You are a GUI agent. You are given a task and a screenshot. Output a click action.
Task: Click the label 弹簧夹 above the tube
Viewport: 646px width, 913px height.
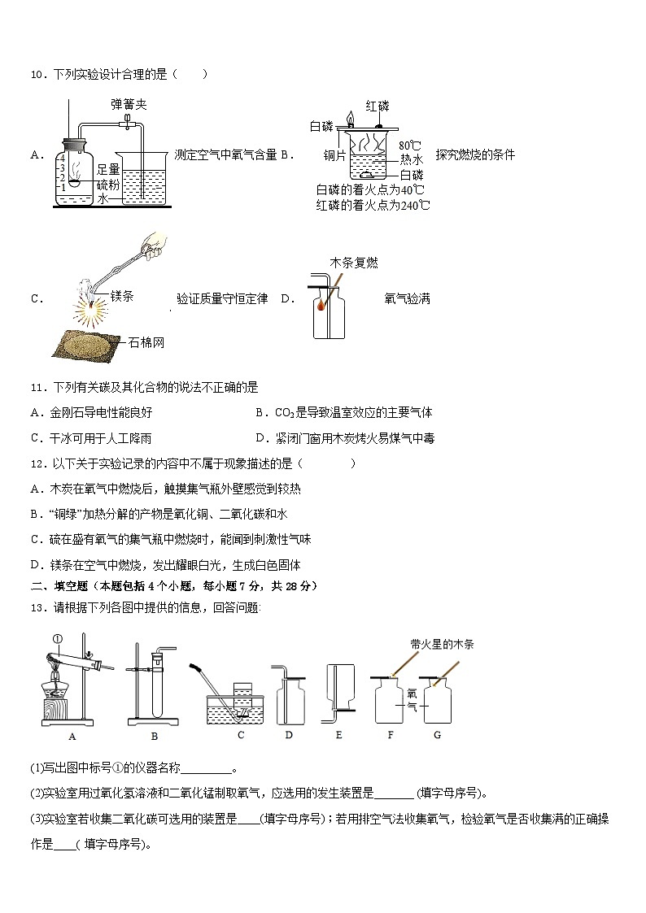click(x=129, y=104)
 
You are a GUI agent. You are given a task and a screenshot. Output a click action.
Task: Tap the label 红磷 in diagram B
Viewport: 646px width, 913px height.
click(x=377, y=107)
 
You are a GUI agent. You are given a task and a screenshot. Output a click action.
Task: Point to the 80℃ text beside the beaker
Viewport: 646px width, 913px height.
click(x=412, y=146)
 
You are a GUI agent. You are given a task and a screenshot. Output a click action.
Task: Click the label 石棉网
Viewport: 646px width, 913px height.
click(x=147, y=342)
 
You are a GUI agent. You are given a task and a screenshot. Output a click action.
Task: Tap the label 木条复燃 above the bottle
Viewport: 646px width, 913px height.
click(x=353, y=263)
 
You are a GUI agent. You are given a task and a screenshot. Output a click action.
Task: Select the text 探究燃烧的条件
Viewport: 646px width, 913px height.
click(x=474, y=154)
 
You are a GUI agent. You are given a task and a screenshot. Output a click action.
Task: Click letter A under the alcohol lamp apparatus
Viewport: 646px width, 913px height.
click(x=72, y=736)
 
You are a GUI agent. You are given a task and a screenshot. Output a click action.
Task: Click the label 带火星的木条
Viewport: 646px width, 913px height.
click(x=442, y=644)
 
